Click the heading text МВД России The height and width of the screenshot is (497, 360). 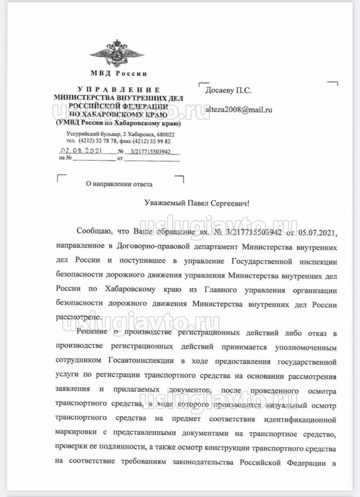pos(119,74)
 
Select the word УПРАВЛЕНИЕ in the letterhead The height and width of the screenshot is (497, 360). pos(119,90)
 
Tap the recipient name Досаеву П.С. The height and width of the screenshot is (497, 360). pos(228,90)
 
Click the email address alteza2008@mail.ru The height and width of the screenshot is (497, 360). pos(239,109)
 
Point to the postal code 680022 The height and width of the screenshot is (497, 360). pos(163,135)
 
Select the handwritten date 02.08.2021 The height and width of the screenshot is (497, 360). pos(78,151)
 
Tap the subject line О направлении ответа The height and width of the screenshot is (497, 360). pos(119,184)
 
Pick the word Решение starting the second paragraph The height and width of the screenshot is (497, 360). pos(92,333)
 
